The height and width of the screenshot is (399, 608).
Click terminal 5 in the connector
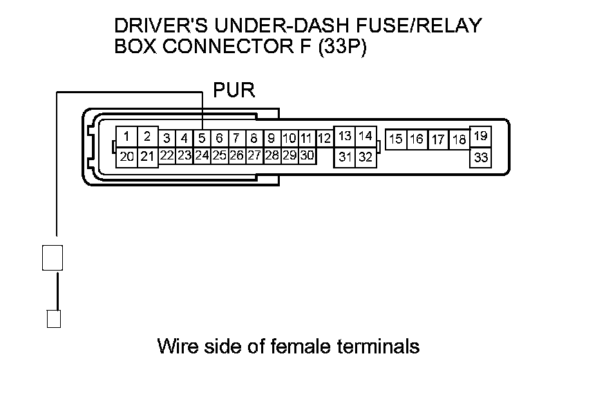point(202,138)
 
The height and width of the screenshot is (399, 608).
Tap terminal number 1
point(126,136)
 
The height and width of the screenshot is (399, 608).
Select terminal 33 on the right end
point(481,157)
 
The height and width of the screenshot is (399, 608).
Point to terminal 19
point(481,136)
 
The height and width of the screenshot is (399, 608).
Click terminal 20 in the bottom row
point(126,157)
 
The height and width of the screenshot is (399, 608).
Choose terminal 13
point(345,136)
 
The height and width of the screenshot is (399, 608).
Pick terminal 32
point(365,157)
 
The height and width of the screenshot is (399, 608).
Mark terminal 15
point(396,139)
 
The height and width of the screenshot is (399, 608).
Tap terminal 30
point(307,155)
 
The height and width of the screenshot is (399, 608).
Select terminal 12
point(324,138)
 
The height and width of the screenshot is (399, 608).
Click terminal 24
point(202,155)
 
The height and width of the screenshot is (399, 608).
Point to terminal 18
point(459,139)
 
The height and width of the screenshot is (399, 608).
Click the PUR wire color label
point(235,90)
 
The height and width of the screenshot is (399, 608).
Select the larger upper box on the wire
point(53,257)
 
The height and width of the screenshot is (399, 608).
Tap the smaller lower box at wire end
point(53,319)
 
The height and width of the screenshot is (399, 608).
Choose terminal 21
point(147,157)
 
